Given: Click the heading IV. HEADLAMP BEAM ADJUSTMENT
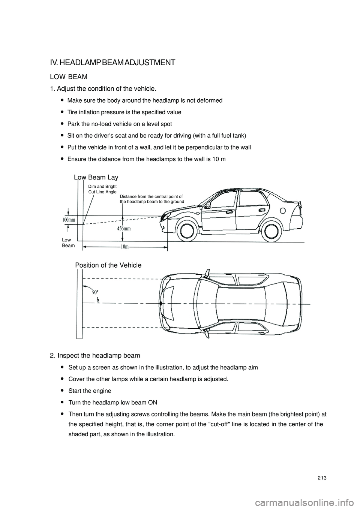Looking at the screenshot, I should tap(112, 63).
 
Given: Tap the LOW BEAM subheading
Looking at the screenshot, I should tap(69, 77).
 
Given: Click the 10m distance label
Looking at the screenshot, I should tap(125, 247).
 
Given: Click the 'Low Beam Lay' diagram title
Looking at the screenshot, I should tap(96, 177).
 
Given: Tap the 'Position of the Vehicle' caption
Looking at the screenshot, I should tap(108, 265).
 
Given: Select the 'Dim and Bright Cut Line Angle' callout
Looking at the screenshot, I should tap(102, 189).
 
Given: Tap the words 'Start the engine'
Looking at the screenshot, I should tap(90, 391).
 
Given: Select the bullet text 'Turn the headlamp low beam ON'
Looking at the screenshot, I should tap(113, 403).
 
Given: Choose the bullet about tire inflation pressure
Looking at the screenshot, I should tap(124, 112).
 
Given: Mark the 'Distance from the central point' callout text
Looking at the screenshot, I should tap(152, 199).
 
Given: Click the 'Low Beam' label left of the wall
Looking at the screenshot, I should tap(68, 243).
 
